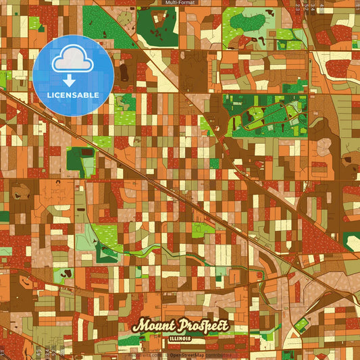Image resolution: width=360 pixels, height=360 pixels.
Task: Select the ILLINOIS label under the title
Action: pyautogui.click(x=180, y=336)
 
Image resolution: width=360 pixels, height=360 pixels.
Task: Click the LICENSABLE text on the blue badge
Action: pyautogui.click(x=73, y=95)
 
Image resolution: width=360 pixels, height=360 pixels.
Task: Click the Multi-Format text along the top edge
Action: pyautogui.click(x=180, y=3)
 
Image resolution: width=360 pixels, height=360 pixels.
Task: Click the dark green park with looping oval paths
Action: pyautogui.click(x=263, y=116)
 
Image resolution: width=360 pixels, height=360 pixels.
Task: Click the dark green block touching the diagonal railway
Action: pyautogui.click(x=80, y=160)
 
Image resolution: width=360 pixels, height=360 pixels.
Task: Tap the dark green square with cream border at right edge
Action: pyautogui.click(x=352, y=241)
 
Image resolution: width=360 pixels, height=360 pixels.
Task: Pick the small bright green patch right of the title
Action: pyautogui.click(x=299, y=325)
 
